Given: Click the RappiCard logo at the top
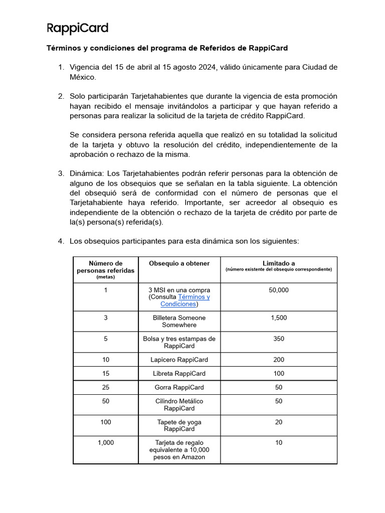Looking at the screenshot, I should [x=77, y=28].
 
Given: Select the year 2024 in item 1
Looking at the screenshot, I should [x=205, y=68].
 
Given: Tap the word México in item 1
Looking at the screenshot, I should [x=81, y=77].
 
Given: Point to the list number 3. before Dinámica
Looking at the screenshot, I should [x=61, y=174].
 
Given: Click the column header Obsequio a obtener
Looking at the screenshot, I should [x=179, y=264].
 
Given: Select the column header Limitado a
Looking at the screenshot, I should [x=279, y=264].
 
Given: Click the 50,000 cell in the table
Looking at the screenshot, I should [x=279, y=290].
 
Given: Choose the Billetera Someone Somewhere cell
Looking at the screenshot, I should [x=179, y=321].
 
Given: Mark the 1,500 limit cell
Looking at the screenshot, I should [x=279, y=318].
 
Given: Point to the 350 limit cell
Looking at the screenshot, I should [x=279, y=339].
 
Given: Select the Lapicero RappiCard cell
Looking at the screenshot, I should [x=179, y=360].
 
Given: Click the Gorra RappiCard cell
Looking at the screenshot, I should [x=179, y=387].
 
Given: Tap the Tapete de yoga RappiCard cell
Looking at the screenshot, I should [x=179, y=425].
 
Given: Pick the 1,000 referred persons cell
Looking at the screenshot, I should [x=106, y=443].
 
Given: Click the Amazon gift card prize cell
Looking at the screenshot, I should [x=179, y=450].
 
